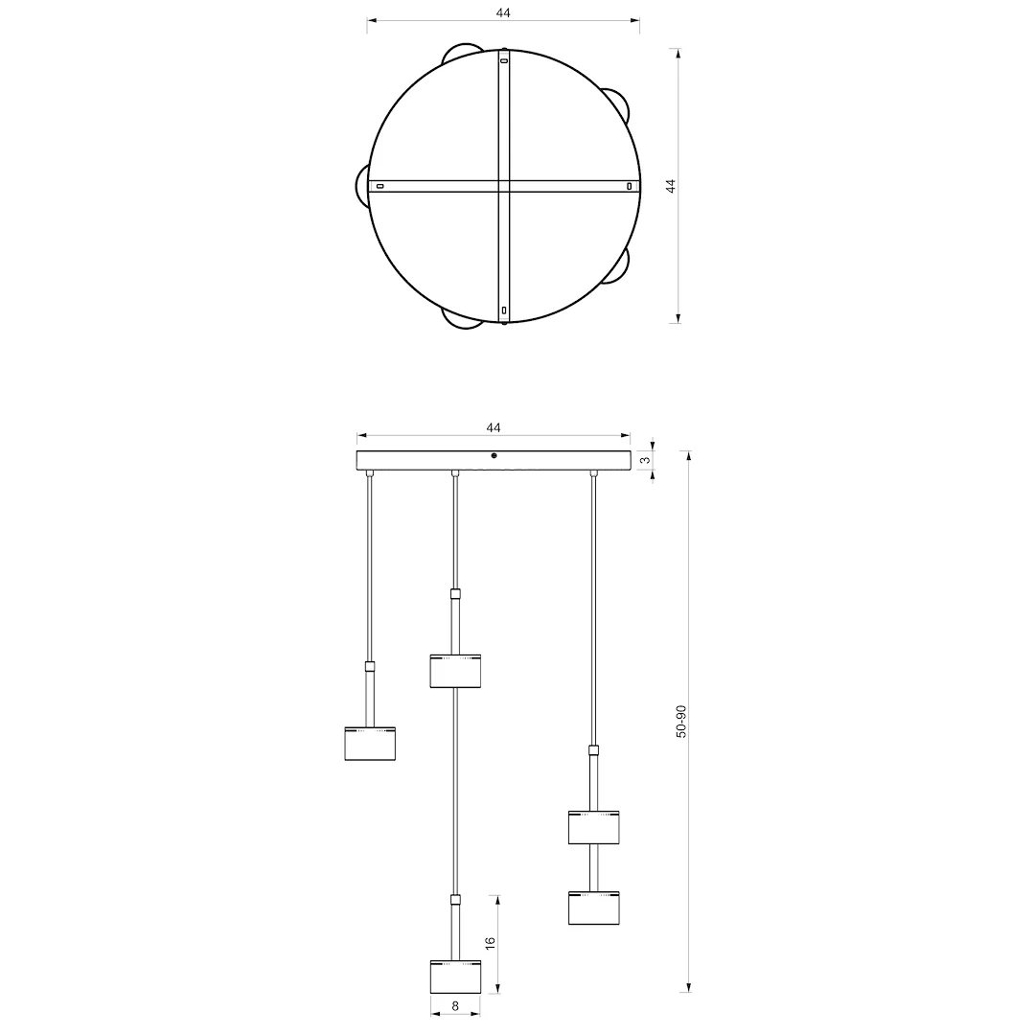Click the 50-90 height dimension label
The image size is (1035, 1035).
click(681, 722)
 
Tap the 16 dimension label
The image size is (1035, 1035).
click(490, 943)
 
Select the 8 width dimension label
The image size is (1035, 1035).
click(455, 1006)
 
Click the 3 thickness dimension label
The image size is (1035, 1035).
click(646, 459)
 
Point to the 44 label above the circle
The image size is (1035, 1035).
click(503, 12)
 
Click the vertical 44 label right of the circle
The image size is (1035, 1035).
click(671, 186)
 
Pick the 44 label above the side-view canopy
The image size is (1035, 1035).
click(494, 427)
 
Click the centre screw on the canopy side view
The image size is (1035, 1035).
click(494, 455)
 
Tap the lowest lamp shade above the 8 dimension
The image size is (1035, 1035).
click(455, 977)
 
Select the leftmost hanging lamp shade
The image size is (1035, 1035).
click(370, 744)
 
